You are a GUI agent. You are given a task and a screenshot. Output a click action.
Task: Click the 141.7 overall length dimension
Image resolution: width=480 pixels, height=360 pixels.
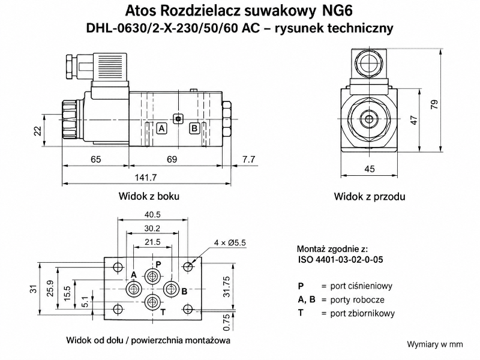pyautogui.click(x=146, y=177)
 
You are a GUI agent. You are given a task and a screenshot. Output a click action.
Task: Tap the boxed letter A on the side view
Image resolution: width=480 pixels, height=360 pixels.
pyautogui.click(x=161, y=128)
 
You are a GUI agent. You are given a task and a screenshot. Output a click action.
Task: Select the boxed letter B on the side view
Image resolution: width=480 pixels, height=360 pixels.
pyautogui.click(x=194, y=128)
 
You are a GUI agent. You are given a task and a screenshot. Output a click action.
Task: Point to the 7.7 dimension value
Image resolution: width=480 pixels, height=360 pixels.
pyautogui.click(x=248, y=159)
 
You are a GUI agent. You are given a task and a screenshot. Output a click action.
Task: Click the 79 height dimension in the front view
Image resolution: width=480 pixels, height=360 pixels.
pyautogui.click(x=434, y=104)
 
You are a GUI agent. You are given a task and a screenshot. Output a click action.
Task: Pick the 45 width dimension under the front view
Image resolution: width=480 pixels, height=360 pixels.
pyautogui.click(x=370, y=169)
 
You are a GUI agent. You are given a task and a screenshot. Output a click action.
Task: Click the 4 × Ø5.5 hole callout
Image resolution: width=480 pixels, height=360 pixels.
pyautogui.click(x=230, y=243)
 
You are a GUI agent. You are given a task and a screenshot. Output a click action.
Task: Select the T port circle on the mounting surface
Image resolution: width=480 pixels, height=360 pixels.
pyautogui.click(x=152, y=302)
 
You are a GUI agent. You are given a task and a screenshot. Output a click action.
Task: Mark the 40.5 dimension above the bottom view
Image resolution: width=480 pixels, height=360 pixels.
pyautogui.click(x=152, y=215)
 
